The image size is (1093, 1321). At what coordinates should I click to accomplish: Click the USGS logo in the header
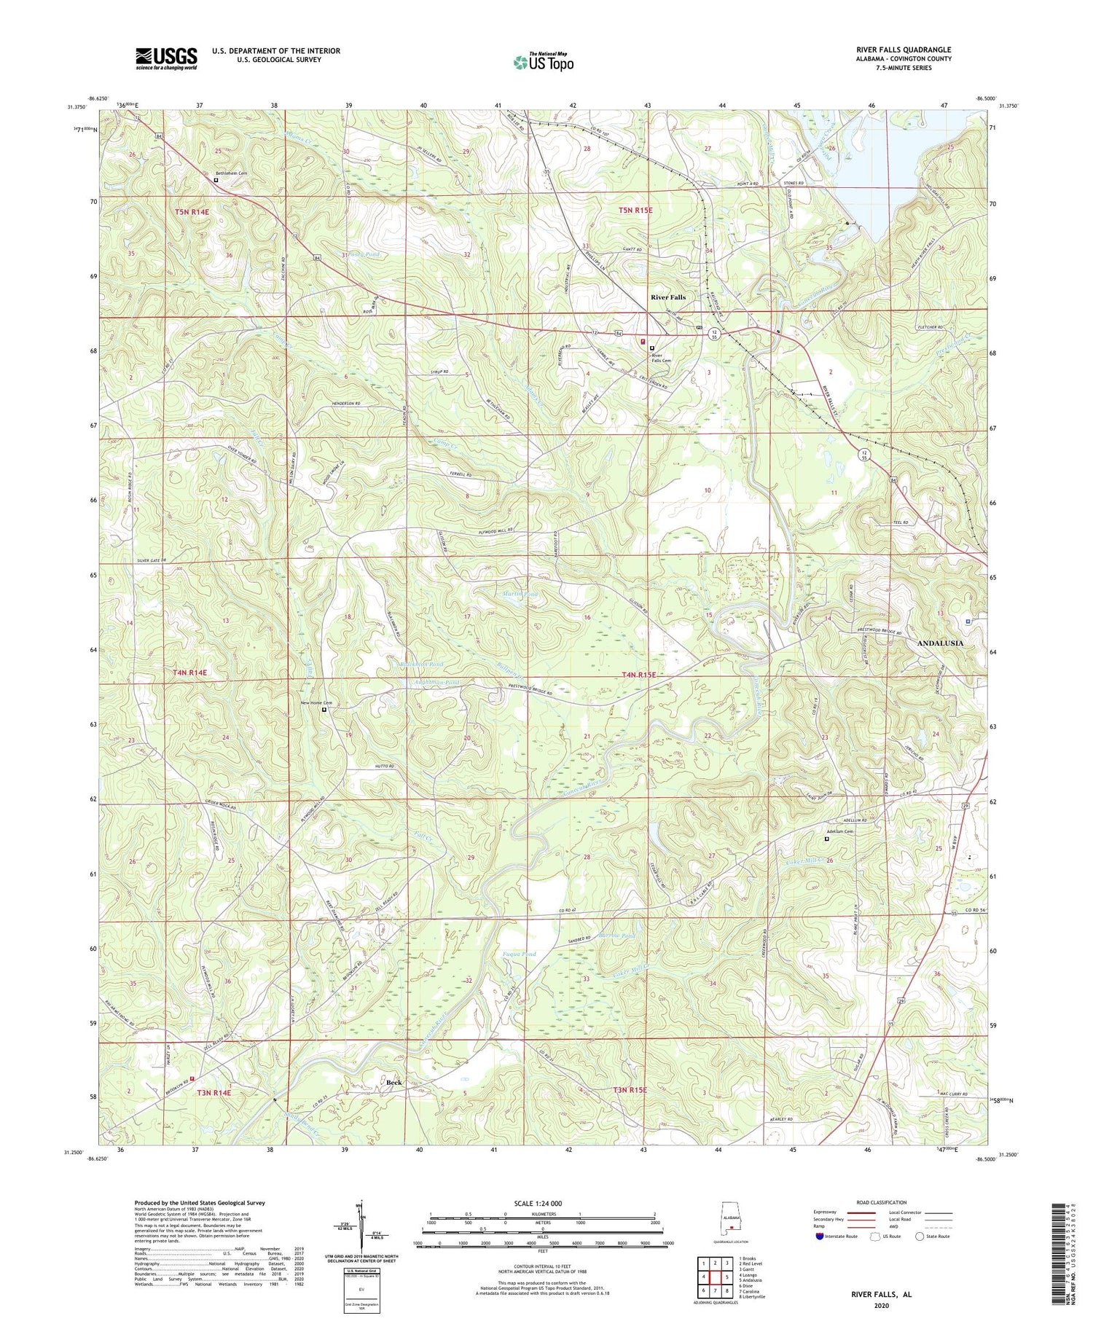[x=166, y=58]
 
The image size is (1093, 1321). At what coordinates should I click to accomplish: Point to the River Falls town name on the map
[x=668, y=297]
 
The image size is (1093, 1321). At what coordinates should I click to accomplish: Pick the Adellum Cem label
[x=839, y=831]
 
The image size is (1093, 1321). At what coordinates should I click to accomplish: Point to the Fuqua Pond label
[x=520, y=954]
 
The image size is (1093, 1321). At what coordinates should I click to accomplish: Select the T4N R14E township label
[x=190, y=673]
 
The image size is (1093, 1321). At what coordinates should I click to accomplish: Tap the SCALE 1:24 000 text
[x=542, y=1203]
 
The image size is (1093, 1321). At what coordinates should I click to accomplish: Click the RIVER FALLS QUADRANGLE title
[x=904, y=50]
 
